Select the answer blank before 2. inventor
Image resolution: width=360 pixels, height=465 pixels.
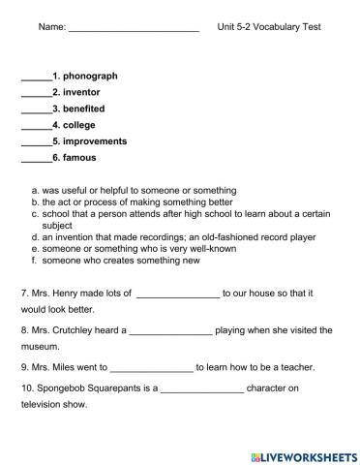(35, 92)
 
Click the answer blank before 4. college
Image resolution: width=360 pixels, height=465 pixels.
(35, 126)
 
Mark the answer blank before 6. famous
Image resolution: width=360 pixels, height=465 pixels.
(35, 158)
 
